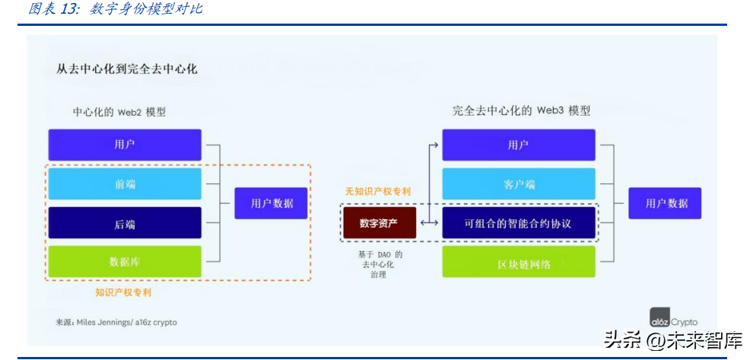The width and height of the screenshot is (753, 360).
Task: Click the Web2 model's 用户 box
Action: point(125,145)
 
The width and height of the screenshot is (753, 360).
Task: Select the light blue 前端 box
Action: point(125,184)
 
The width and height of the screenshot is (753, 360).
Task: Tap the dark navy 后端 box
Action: point(125,224)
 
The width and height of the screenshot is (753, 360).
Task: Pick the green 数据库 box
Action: point(125,262)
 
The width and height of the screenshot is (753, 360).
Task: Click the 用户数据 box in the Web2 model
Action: point(271,203)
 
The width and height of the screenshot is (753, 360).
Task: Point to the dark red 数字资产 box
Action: point(379,223)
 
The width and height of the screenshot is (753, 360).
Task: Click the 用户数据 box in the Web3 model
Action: point(666,203)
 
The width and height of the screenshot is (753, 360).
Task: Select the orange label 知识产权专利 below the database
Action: point(125,292)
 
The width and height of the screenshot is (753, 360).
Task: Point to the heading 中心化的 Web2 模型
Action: point(119,112)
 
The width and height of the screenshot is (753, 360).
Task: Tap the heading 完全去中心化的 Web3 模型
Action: point(521,111)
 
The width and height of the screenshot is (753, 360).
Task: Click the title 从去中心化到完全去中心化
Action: point(126,68)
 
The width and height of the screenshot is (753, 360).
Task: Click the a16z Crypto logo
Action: point(673,320)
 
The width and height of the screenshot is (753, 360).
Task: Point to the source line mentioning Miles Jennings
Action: point(116,322)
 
